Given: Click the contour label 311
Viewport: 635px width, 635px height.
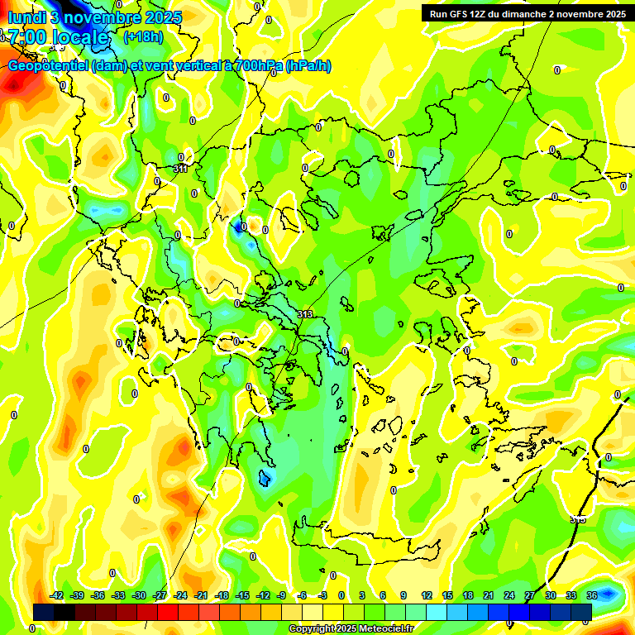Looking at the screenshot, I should tap(180, 169).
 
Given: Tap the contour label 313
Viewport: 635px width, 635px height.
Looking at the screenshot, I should tap(305, 314).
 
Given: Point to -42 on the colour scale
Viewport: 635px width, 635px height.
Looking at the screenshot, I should tap(57, 595).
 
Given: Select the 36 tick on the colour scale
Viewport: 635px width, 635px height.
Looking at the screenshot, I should tap(592, 595).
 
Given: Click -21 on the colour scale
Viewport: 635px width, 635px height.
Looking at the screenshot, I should tap(201, 595).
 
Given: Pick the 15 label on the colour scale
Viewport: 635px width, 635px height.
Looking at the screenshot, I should tap(447, 595).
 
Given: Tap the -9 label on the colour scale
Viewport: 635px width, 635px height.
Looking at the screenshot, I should tap(282, 595).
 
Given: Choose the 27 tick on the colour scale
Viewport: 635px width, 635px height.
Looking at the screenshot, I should tap(530, 595).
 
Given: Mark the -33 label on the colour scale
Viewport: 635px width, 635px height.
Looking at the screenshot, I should tap(118, 595).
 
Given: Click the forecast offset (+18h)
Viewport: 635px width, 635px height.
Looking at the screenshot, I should tap(143, 36).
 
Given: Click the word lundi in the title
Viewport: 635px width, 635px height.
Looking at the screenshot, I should tap(26, 17).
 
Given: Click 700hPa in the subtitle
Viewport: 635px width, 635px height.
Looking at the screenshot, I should tap(253, 65).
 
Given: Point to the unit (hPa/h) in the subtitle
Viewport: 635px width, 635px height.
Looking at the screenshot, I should tap(308, 65).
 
